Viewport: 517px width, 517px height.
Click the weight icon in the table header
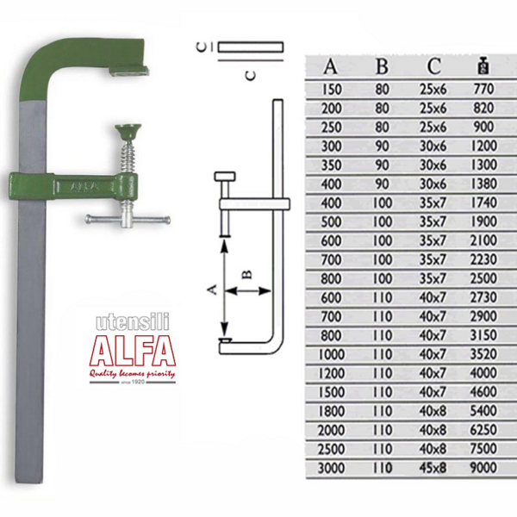click(483, 66)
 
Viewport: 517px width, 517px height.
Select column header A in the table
click(330, 66)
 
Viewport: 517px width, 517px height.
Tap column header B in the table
click(382, 66)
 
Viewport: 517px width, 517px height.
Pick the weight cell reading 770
click(483, 89)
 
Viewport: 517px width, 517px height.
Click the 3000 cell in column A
click(331, 468)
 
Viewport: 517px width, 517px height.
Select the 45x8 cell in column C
click(433, 468)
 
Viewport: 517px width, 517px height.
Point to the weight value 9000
click(483, 468)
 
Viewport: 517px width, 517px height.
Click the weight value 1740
click(483, 202)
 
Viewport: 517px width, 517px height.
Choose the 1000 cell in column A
click(331, 354)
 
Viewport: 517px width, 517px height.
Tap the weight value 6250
click(483, 430)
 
